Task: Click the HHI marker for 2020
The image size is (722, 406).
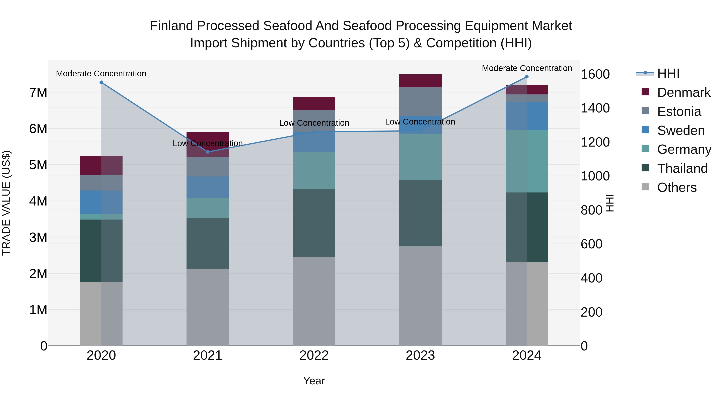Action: click(101, 82)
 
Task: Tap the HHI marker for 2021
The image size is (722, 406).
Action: click(208, 152)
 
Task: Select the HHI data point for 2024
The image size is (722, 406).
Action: click(527, 77)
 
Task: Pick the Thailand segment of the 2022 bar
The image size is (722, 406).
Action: click(314, 223)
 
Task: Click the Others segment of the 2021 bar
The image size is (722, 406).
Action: click(208, 307)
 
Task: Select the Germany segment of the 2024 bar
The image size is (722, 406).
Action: click(527, 161)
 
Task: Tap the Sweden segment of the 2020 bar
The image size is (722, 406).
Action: click(101, 202)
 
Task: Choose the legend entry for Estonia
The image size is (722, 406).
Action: click(679, 111)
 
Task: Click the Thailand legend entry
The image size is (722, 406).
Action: click(682, 168)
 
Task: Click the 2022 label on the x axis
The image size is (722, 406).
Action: click(314, 355)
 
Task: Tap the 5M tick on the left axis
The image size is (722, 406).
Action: click(38, 165)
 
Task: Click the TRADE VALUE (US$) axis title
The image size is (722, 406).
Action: click(6, 203)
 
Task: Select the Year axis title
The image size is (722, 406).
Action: click(314, 381)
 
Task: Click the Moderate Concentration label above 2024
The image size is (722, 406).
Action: click(527, 68)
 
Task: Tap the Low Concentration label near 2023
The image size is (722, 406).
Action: click(420, 122)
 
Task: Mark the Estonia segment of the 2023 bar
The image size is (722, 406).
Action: click(420, 101)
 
